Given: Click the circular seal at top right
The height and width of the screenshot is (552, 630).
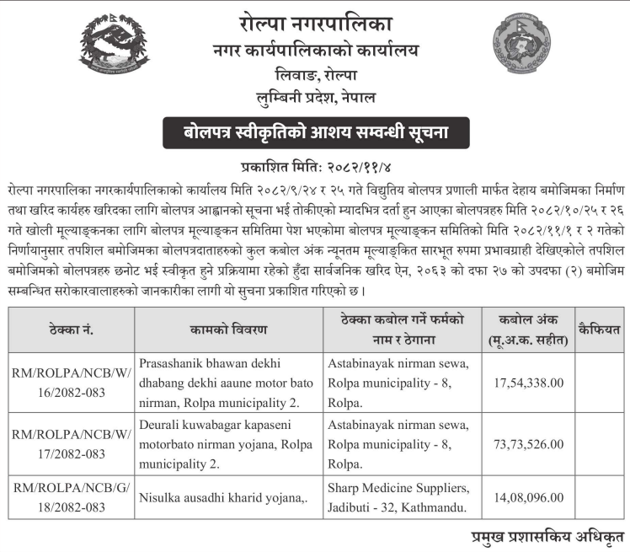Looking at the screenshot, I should (522, 44).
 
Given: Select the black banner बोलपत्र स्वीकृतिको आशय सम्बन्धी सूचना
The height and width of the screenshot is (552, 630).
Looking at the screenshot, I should (316, 133).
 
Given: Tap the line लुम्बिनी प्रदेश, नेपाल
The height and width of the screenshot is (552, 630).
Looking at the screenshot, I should (316, 98).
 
